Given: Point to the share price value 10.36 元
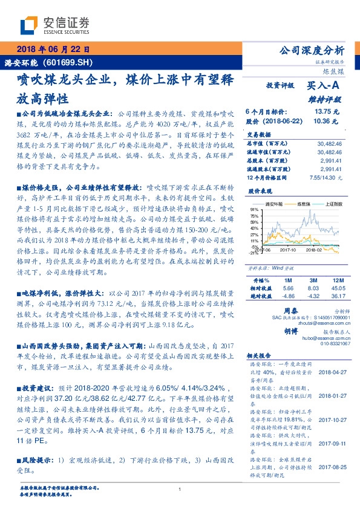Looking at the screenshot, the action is pos(327,122).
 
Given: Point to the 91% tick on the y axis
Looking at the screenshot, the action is pos(250,209).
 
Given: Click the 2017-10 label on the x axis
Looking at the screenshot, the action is pos(283,248).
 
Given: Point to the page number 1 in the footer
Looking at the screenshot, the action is pos(180,489).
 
